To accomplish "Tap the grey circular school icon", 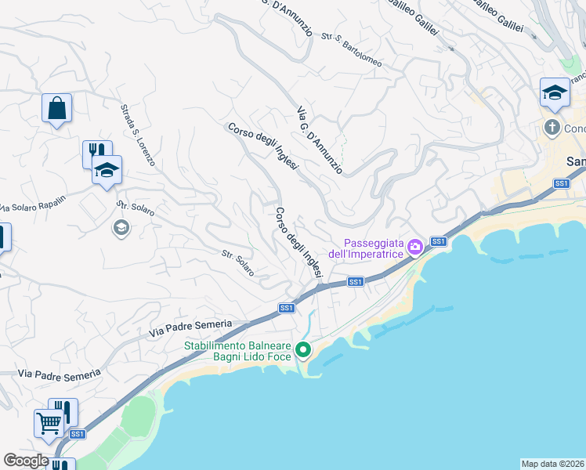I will [x=121, y=228].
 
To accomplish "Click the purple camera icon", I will [x=415, y=247].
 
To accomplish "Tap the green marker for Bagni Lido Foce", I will [x=302, y=351].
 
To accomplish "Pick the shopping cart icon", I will [x=49, y=424].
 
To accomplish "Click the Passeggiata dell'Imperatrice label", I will [x=372, y=248].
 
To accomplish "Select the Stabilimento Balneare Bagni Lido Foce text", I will [x=238, y=351].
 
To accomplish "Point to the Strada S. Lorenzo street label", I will [x=138, y=136].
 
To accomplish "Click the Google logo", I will [x=26, y=460].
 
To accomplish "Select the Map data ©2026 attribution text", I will [x=552, y=464].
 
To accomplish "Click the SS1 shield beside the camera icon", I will [x=438, y=241].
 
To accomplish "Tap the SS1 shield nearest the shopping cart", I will [x=77, y=434].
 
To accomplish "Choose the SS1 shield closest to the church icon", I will [x=561, y=183].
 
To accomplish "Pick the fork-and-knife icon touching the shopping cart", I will [x=63, y=412].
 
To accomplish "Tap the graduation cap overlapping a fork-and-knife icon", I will [x=107, y=169].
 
